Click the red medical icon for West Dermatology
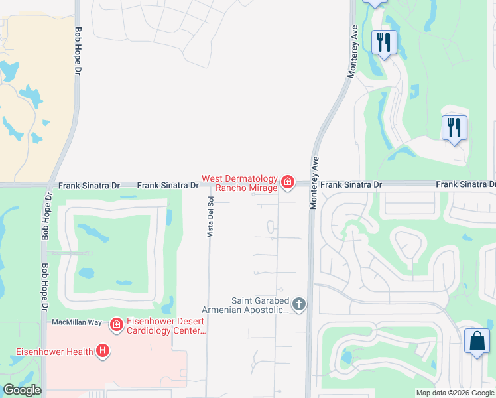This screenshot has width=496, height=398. pyautogui.click(x=287, y=181)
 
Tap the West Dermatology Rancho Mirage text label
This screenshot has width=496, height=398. pyautogui.click(x=239, y=183)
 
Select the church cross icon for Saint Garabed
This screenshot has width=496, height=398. pyautogui.click(x=299, y=304)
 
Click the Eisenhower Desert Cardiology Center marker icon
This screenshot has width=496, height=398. pyautogui.click(x=117, y=324)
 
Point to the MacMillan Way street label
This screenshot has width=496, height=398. pyautogui.click(x=77, y=322)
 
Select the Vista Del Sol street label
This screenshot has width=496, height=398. pyautogui.click(x=210, y=218)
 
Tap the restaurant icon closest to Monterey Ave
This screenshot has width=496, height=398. pyautogui.click(x=384, y=42)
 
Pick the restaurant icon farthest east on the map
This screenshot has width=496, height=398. pyautogui.click(x=454, y=127)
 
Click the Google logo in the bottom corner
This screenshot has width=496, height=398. pyautogui.click(x=21, y=390)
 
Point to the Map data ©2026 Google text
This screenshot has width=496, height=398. pyautogui.click(x=455, y=393)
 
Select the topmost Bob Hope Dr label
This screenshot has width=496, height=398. pyautogui.click(x=78, y=50)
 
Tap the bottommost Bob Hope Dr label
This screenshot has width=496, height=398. pyautogui.click(x=46, y=288)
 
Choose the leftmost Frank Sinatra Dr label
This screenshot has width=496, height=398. pyautogui.click(x=89, y=186)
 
